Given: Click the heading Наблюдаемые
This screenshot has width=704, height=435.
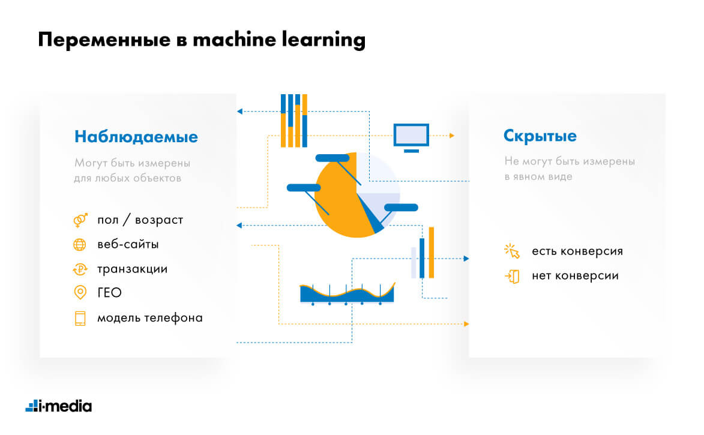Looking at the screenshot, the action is [x=136, y=136].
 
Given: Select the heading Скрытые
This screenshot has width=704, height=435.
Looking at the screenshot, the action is [x=540, y=136].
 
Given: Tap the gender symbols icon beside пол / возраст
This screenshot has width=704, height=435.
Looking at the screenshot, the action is [x=80, y=220].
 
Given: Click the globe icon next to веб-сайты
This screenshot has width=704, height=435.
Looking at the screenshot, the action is [x=79, y=245].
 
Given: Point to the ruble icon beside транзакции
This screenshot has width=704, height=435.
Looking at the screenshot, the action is [x=80, y=269].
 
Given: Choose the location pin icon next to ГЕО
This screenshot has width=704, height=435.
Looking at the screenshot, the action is [x=80, y=292].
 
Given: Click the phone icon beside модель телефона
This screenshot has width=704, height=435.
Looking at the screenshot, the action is [x=80, y=318].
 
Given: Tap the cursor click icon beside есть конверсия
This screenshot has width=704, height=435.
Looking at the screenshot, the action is [x=512, y=251].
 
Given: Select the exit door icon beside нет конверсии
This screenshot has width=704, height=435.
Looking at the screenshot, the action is [x=513, y=276].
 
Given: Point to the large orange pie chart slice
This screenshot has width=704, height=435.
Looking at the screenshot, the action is [x=339, y=202].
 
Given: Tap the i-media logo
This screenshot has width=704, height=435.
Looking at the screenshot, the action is [x=59, y=406].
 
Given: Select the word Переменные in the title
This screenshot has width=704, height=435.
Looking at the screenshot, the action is [x=104, y=40].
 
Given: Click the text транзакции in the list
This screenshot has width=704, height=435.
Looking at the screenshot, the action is [x=133, y=269].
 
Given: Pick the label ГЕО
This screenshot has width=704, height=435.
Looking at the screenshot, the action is [x=110, y=293].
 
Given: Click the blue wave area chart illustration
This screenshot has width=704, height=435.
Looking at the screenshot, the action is [x=347, y=293].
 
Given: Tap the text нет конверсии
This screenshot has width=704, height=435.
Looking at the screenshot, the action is [x=575, y=275].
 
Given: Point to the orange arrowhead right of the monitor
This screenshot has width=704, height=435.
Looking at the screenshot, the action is [x=452, y=135].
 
